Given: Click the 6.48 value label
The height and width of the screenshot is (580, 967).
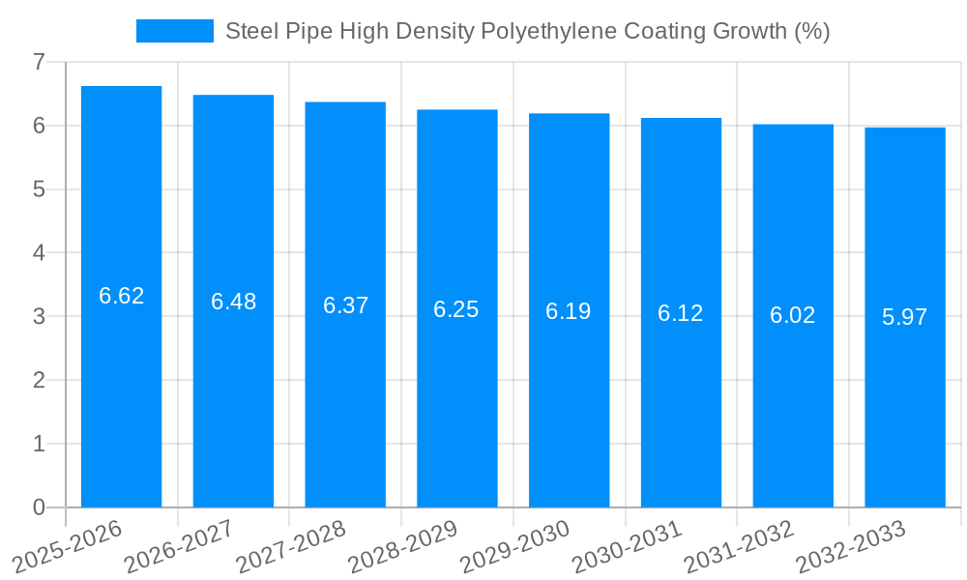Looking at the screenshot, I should click(234, 302).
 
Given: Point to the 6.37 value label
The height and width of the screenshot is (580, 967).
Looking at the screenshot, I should click(345, 305).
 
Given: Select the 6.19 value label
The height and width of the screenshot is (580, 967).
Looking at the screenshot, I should click(569, 311).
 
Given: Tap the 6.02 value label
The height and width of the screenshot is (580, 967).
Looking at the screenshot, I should click(793, 315).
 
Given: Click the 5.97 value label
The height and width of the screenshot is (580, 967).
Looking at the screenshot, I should click(905, 317).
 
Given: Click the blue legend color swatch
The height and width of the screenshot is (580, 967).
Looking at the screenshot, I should click(175, 31).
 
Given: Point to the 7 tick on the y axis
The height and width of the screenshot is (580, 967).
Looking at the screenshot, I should click(39, 62).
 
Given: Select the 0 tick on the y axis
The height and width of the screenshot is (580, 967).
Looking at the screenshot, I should click(39, 507).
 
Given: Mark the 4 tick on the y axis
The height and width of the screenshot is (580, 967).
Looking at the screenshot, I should click(39, 253).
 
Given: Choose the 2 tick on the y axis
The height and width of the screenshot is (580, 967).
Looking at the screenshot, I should click(39, 380).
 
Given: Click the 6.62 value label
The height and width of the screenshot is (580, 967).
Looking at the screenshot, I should click(122, 296).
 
